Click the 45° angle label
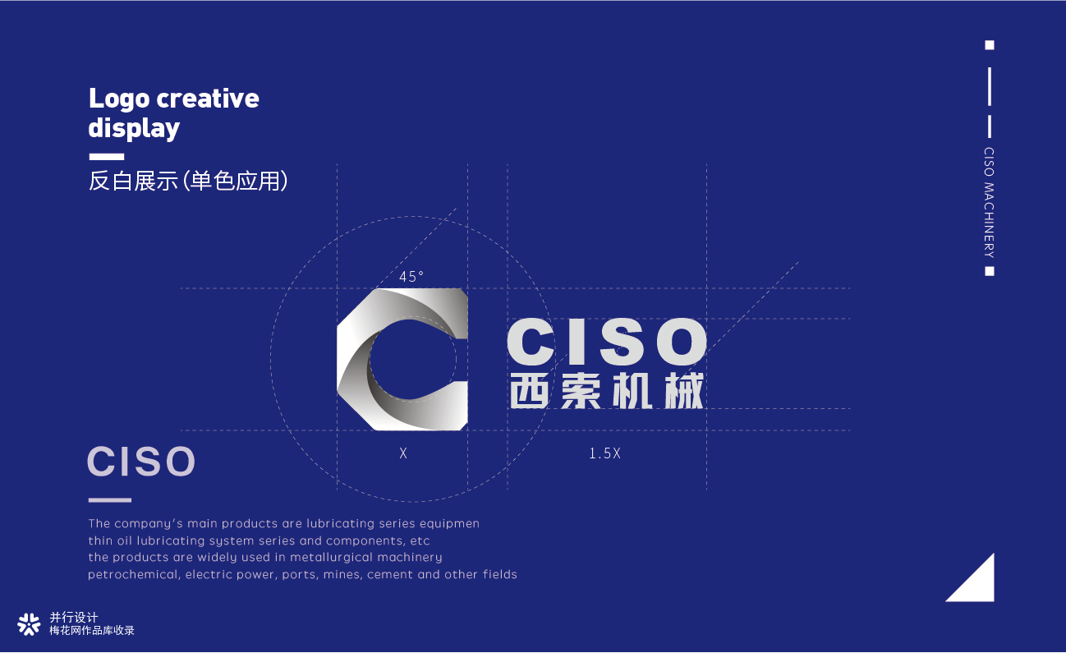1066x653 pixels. click(x=411, y=276)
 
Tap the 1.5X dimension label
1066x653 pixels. click(x=604, y=453)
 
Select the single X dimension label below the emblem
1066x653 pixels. click(x=403, y=453)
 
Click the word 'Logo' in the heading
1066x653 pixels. click(x=119, y=100)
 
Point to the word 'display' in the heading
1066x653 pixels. click(x=134, y=127)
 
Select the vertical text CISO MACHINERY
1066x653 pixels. click(x=989, y=203)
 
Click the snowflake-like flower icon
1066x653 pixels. click(x=29, y=624)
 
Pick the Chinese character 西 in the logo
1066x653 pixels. click(x=529, y=391)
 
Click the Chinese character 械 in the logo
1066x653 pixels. click(x=684, y=391)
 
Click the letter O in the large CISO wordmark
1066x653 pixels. click(x=682, y=342)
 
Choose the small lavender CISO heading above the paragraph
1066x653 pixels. click(x=141, y=461)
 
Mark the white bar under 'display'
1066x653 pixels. click(x=107, y=157)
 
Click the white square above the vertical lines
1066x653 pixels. click(x=990, y=45)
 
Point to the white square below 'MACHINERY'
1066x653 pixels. click(x=990, y=271)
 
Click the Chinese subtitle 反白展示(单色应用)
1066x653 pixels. click(x=188, y=181)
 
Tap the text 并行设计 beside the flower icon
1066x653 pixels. click(x=74, y=618)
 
